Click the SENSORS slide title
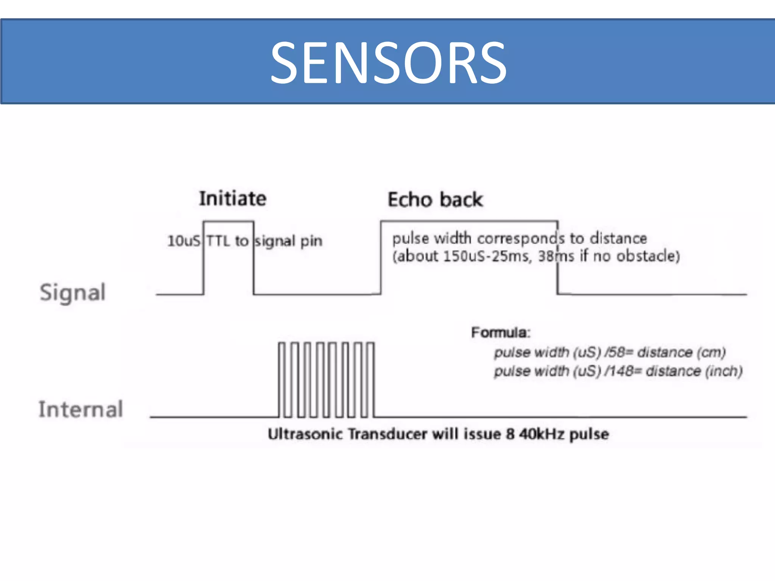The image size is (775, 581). (388, 63)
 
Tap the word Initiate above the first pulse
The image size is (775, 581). (233, 199)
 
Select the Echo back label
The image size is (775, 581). (435, 200)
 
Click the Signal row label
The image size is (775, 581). (73, 293)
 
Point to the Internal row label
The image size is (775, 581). (81, 409)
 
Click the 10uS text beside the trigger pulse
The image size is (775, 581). (184, 241)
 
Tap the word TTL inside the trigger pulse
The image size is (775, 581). (219, 241)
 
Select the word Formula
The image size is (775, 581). (500, 333)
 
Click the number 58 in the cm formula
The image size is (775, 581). (616, 353)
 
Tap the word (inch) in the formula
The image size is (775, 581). (724, 371)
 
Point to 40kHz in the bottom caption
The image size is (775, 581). (542, 434)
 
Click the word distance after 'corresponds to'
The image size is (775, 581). (619, 239)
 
